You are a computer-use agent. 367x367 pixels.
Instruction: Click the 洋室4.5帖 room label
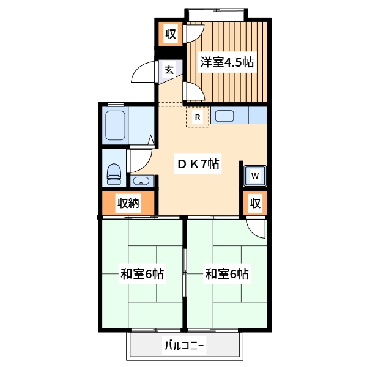pyautogui.click(x=228, y=62)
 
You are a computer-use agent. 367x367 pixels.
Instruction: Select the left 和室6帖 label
pyautogui.click(x=142, y=274)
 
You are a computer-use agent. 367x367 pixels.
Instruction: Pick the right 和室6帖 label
pyautogui.click(x=227, y=274)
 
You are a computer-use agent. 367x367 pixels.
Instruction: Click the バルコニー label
pyautogui.click(x=184, y=347)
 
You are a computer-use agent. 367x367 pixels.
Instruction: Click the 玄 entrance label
pyautogui.click(x=169, y=70)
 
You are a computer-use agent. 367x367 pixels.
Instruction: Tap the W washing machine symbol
pyautogui.click(x=256, y=176)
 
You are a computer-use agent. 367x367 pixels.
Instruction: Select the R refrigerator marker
pyautogui.click(x=197, y=117)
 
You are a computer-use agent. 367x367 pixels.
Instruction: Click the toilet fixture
pyautogui.click(x=114, y=174)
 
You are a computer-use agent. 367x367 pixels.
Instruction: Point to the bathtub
pyautogui.click(x=116, y=125)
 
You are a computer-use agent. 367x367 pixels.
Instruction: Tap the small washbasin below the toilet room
pyautogui.click(x=141, y=181)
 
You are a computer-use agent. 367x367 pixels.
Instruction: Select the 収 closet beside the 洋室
pyautogui.click(x=171, y=34)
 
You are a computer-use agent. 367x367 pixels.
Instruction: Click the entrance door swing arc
pyautogui.click(x=143, y=73)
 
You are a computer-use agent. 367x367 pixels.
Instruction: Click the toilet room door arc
pyautogui.click(x=140, y=160)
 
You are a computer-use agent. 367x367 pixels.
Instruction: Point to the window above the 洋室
pyautogui.click(x=217, y=14)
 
